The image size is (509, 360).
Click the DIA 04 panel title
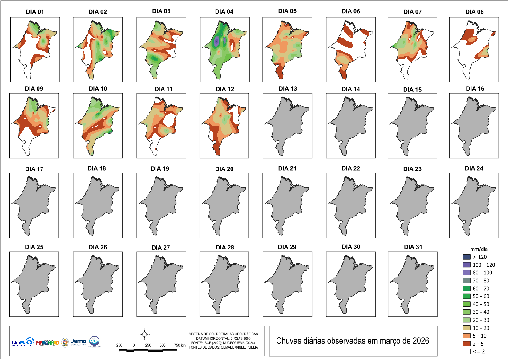[224, 12]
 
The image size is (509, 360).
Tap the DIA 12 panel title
[225, 89]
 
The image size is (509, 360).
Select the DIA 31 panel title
[413, 247]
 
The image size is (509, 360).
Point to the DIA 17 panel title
[34, 169]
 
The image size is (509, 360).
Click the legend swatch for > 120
[467, 257]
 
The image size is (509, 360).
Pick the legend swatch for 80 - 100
[467, 273]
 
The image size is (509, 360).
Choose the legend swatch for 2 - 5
[467, 343]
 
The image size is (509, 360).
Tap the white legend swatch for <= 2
[467, 351]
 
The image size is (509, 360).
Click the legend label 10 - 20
[481, 328]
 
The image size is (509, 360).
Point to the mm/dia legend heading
[479, 249]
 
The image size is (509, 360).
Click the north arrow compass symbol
[144, 334]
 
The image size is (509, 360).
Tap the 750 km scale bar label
[180, 345]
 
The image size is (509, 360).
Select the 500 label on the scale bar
[163, 345]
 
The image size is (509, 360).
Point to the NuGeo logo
[22, 342]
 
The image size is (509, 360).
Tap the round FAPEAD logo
[94, 341]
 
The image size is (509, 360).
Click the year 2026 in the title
[421, 341]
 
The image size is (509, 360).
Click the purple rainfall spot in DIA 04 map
[217, 41]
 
